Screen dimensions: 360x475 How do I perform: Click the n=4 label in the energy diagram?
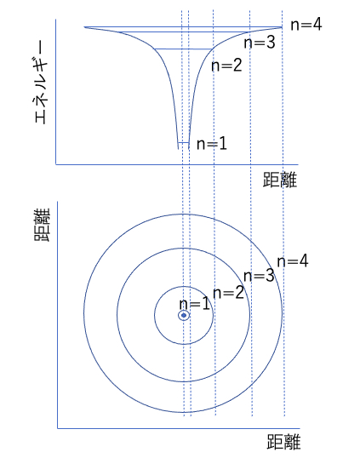pyautogui.click(x=306, y=25)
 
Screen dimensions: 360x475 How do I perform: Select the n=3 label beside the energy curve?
pyautogui.click(x=260, y=43)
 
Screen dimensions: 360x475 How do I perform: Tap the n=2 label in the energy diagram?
pyautogui.click(x=226, y=66)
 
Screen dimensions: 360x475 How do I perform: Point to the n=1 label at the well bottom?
pyautogui.click(x=212, y=144)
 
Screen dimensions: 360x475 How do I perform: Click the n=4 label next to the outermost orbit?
pyautogui.click(x=293, y=261)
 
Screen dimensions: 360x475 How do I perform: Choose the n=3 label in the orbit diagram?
pyautogui.click(x=259, y=276)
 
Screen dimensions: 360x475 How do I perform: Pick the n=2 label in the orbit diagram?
pyautogui.click(x=229, y=293)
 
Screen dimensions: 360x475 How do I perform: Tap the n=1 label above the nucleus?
pyautogui.click(x=194, y=304)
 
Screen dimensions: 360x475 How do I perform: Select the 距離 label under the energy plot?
pyautogui.click(x=280, y=180)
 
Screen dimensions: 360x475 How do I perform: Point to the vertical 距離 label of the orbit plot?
pyautogui.click(x=41, y=225)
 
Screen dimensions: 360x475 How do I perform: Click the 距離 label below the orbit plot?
pyautogui.click(x=283, y=442)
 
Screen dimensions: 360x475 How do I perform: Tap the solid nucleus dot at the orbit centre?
pyautogui.click(x=184, y=315)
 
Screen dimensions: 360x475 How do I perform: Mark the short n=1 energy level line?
pyautogui.click(x=184, y=142)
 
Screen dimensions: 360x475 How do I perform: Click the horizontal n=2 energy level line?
pyautogui.click(x=183, y=49)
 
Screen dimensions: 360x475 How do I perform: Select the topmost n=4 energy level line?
pyautogui.click(x=183, y=27)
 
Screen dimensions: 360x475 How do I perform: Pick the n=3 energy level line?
pyautogui.click(x=185, y=32)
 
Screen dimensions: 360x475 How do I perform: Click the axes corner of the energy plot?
pyautogui.click(x=56, y=164)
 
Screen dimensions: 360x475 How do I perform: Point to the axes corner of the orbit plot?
pyautogui.click(x=58, y=428)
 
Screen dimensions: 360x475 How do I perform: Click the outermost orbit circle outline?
pyautogui.click(x=83, y=313)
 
